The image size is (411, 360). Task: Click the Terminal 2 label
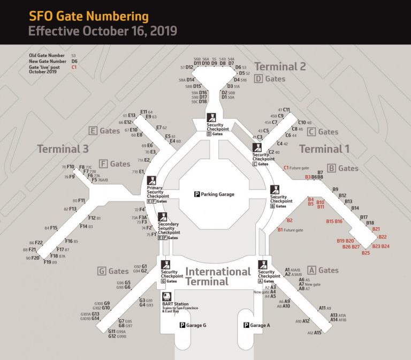[x=280, y=66]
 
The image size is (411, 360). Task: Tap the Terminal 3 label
[x=62, y=148]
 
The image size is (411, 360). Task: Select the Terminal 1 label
[x=324, y=148]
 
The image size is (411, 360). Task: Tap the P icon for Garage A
[x=247, y=325]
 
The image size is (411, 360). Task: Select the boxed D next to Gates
[x=258, y=79]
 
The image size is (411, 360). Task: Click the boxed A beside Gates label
[x=312, y=271]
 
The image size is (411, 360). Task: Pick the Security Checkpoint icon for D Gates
[x=211, y=118]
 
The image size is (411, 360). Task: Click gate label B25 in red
[x=366, y=253]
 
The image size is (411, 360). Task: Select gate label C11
[x=286, y=110]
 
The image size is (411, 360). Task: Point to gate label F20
[x=35, y=258]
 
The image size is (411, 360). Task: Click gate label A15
[x=318, y=333]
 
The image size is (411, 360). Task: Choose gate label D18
[x=203, y=101]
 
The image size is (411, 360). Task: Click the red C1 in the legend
[x=74, y=67]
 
